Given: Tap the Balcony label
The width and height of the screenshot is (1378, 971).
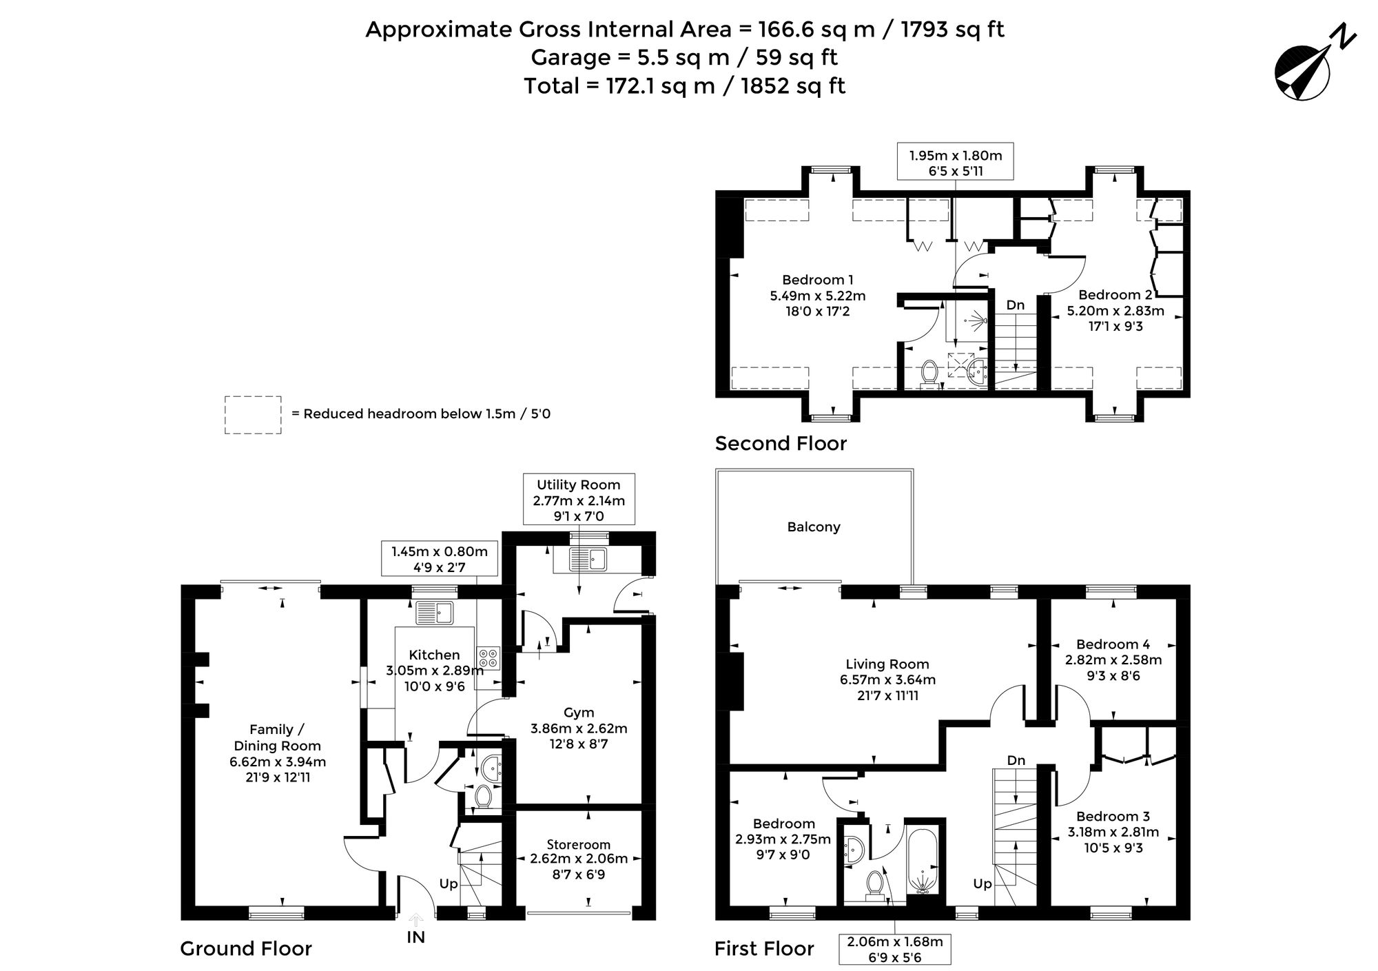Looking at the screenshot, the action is (x=814, y=527).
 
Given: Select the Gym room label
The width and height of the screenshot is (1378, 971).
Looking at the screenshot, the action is (x=579, y=713).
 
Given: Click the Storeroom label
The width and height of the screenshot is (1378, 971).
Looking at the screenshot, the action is (x=579, y=844).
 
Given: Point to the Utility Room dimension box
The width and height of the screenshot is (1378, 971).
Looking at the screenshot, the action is (x=579, y=500).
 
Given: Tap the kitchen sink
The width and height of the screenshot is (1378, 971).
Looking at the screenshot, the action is (x=434, y=613).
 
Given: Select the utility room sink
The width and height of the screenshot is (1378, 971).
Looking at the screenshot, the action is (x=588, y=560).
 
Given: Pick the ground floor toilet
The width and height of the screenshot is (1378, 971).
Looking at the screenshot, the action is (x=482, y=796).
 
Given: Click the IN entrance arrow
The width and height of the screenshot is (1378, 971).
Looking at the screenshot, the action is (x=416, y=921).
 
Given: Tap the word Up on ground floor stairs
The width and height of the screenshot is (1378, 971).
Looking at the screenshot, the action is (x=449, y=883).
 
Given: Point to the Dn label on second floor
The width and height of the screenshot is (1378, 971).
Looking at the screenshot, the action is (x=1016, y=305).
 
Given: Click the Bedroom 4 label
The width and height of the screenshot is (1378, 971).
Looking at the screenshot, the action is (x=1113, y=644).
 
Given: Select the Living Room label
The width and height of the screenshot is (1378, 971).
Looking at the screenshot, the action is (x=887, y=664).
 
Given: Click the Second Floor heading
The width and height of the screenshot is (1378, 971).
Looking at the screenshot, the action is (x=781, y=443).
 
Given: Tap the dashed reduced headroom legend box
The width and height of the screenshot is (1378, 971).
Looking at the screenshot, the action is (x=253, y=415).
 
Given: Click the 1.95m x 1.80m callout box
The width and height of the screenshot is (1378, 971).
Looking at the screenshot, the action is (x=956, y=163).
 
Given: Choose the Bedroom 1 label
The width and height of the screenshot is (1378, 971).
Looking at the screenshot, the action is (x=817, y=280).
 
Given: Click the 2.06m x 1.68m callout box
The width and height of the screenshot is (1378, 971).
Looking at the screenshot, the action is (x=895, y=949).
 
